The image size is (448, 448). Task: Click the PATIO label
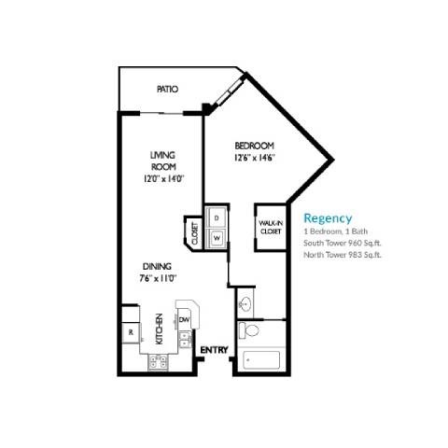tap(167, 90)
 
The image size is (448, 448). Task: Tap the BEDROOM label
tap(253, 146)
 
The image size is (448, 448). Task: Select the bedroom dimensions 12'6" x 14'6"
tap(253, 159)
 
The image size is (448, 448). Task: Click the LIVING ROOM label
tap(164, 161)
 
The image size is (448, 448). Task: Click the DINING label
tap(156, 265)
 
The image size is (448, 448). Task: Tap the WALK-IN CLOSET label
tap(271, 226)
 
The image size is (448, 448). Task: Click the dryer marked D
tap(216, 217)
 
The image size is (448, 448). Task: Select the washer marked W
tap(216, 237)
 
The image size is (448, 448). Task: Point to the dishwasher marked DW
tap(185, 319)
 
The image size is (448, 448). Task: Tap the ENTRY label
tap(214, 350)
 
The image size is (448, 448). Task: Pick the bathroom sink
tap(245, 304)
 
